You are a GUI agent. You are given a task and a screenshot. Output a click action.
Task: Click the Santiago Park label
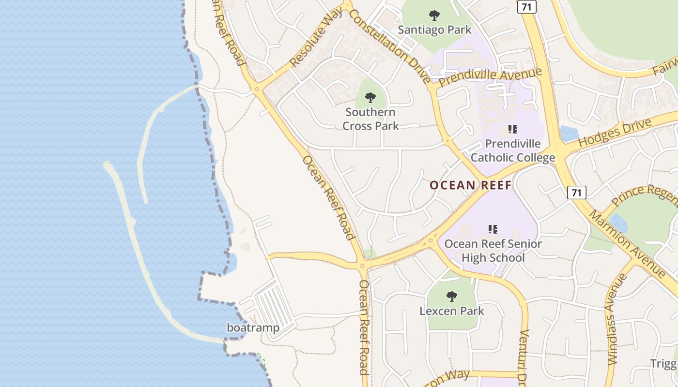point(434,30)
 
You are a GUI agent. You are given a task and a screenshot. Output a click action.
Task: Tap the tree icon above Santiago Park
point(434,15)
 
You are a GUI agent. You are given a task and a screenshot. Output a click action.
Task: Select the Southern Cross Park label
point(370,119)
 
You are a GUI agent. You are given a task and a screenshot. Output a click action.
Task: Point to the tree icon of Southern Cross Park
point(370,98)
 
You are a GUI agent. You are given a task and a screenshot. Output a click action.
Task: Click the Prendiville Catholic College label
point(513,150)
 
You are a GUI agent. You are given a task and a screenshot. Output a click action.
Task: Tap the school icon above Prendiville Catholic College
point(513,129)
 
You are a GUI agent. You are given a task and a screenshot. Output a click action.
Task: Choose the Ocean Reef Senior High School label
point(493,251)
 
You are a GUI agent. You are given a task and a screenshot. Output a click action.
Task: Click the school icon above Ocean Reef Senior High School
point(493,229)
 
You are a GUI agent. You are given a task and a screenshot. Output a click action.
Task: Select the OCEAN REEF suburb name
point(470,185)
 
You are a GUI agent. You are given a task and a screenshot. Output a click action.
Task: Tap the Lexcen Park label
point(452,311)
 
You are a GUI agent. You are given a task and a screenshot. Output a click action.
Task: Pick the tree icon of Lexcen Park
point(452,296)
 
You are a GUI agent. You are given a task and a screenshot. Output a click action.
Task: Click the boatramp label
point(253,328)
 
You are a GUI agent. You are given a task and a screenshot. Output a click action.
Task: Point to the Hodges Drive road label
point(615,134)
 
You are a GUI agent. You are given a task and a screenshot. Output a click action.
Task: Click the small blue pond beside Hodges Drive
point(569,134)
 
